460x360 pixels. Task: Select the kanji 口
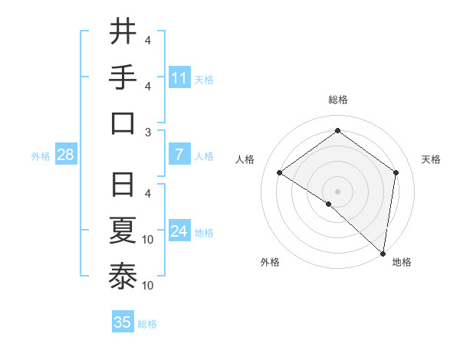[x=123, y=123]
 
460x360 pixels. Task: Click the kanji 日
[x=123, y=185]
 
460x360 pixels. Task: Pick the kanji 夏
[x=123, y=231]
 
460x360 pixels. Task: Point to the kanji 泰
[x=123, y=277]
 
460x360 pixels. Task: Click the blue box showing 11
[x=179, y=78]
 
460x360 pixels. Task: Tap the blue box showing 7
[x=179, y=155]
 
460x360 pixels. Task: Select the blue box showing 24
[x=179, y=231]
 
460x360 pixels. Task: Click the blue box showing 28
[x=66, y=155]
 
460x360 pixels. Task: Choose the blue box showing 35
[x=123, y=322]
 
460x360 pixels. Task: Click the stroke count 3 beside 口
[x=148, y=132]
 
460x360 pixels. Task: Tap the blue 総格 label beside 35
[x=147, y=324]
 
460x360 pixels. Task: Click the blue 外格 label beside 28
[x=41, y=156]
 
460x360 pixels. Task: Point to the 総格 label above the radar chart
[x=337, y=100]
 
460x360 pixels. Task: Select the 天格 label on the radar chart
[x=431, y=159]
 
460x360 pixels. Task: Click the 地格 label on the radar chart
[x=402, y=262]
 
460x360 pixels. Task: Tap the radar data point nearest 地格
[x=382, y=253]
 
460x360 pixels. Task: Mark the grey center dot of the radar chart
[x=337, y=191]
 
